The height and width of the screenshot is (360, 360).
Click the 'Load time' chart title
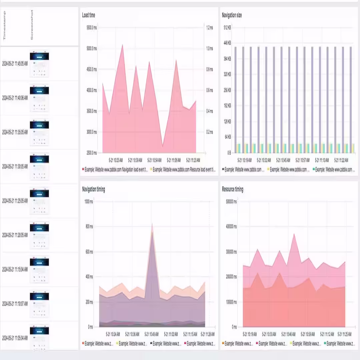89,15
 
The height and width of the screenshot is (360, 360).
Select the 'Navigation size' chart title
232,15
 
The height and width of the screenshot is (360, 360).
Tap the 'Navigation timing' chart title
93,189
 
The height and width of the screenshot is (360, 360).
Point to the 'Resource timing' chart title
233,189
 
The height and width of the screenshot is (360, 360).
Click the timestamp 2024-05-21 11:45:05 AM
15,63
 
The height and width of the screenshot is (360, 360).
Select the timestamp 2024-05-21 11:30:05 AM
15,166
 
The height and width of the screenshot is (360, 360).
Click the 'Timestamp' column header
4,25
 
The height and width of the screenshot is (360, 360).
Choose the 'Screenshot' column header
32,25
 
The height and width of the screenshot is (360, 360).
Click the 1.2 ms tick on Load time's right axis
210,28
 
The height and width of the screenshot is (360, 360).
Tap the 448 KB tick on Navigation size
227,43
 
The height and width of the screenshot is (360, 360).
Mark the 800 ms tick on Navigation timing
89,227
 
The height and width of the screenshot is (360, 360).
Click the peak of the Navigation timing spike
152,224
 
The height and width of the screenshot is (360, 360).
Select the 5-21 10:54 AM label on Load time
154,160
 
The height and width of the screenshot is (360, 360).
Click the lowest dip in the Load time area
163,147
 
